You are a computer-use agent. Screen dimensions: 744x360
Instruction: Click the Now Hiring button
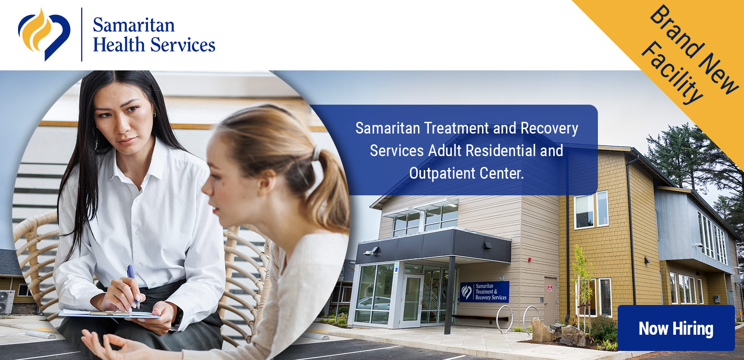pos(676,328)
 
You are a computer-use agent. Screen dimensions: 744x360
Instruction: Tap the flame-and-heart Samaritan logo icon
pos(44,35)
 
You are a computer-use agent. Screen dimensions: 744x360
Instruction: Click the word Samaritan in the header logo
pos(133,25)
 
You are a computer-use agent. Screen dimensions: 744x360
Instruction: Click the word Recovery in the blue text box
pos(549,129)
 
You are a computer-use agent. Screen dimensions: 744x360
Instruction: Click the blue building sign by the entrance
pos(485,291)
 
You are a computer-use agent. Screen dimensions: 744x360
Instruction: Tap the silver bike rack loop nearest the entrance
pos(504,318)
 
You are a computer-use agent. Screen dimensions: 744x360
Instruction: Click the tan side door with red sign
pos(551,301)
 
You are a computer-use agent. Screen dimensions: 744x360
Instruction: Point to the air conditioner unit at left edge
pos(7,302)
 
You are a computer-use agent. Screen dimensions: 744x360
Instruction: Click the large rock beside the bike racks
pos(542,330)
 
